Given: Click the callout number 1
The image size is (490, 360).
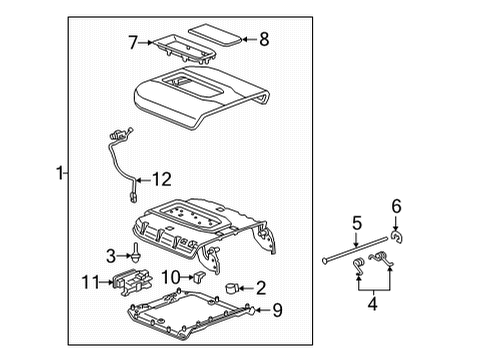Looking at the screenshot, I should tap(58, 172).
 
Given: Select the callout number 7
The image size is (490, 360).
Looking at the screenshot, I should tap(132, 43).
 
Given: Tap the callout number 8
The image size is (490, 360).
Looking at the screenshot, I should tap(264, 41).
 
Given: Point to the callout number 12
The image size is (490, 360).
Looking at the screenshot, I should tap(161, 180).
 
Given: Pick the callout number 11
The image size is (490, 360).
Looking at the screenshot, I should tap(91, 283).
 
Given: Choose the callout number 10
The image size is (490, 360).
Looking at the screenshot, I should tap(170, 275).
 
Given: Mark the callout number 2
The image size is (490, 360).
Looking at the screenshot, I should tap(261, 288).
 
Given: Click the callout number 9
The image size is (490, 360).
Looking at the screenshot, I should tap(278, 311).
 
